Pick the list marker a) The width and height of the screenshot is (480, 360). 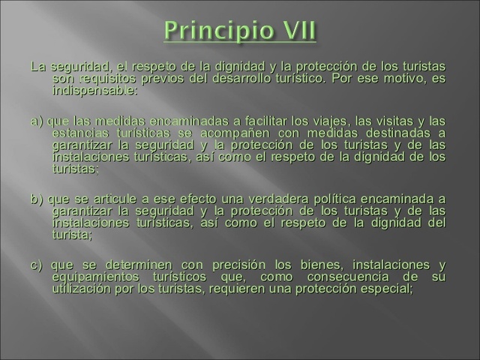pos(37,121)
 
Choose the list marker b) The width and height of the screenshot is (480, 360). pos(37,199)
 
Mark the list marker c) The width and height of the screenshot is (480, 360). pos(37,265)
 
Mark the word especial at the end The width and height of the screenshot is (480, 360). pos(383,289)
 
